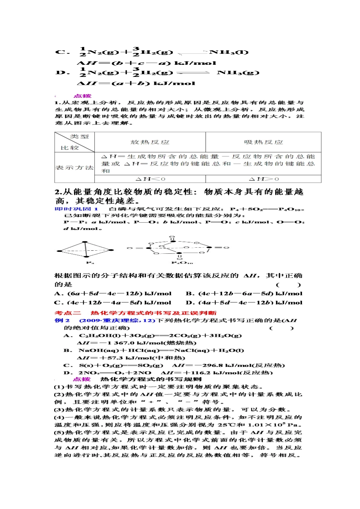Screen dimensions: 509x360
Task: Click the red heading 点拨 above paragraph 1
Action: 82,96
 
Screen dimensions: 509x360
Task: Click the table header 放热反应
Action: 150,142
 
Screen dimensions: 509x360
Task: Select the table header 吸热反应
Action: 263,142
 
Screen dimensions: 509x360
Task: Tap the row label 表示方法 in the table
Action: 74,167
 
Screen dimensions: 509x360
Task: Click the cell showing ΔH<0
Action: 150,179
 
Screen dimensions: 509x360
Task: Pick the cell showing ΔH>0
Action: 264,179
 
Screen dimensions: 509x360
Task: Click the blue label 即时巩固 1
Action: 77,209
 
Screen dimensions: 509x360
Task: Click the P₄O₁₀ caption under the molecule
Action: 182,262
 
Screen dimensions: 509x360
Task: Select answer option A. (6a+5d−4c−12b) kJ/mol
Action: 113,294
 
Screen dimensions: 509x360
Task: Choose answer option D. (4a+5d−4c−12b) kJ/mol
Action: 244,303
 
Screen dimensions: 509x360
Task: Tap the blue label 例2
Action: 62,320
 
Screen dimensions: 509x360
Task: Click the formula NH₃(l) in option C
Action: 229,52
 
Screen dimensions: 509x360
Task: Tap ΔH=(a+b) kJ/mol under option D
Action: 136,83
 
